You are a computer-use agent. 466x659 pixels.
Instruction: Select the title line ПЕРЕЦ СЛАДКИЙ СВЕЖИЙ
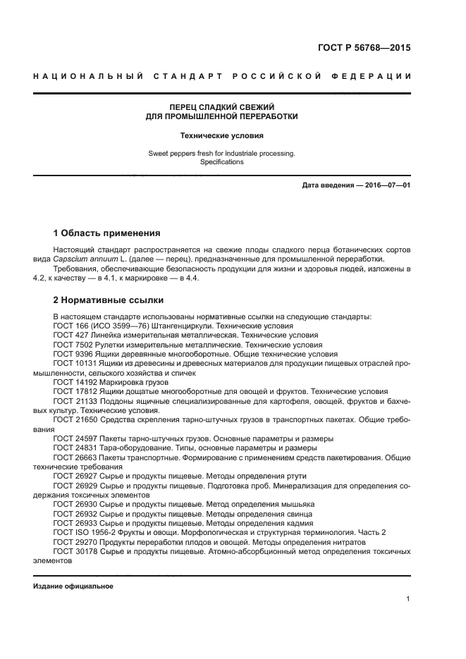click(x=222, y=106)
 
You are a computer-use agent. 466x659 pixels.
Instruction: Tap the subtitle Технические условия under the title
click(x=222, y=134)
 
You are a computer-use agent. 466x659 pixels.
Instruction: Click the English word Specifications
click(x=222, y=161)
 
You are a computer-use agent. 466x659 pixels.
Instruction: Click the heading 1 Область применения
click(x=107, y=233)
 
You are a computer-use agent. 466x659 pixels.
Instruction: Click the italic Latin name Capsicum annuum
click(x=96, y=259)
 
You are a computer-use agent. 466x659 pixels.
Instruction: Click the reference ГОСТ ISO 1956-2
click(x=83, y=532)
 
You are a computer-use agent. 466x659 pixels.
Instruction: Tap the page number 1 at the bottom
click(x=408, y=599)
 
